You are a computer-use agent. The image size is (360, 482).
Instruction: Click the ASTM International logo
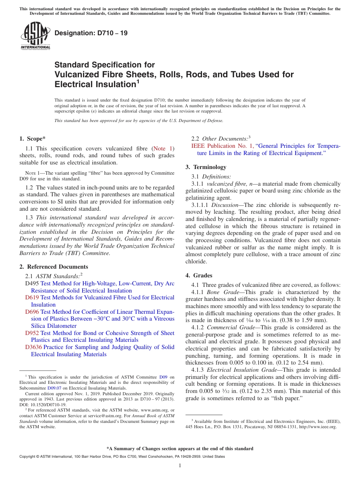tap(35, 36)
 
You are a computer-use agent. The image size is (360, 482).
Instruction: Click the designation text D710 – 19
tap(91, 33)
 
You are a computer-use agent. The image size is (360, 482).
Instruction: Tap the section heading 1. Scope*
tap(32, 139)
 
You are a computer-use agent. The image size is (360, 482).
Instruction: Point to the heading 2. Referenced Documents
tap(54, 267)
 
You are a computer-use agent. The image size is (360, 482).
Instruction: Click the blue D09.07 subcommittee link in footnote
tap(54, 388)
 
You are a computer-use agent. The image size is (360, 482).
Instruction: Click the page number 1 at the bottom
tap(180, 465)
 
